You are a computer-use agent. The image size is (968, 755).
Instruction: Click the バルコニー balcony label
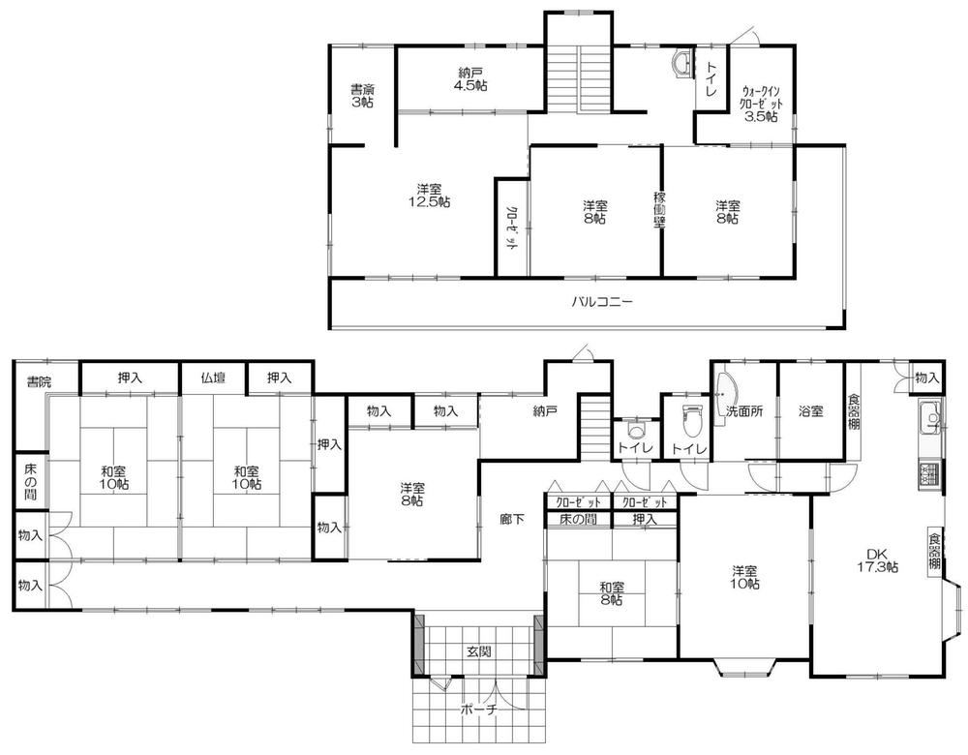602,302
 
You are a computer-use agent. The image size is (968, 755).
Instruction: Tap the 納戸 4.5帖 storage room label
470,79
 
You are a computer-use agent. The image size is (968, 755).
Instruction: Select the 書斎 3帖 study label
362,96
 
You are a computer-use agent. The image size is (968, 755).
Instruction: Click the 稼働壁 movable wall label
659,210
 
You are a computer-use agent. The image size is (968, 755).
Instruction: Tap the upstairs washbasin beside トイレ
681,64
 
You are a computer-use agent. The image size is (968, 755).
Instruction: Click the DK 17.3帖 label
877,559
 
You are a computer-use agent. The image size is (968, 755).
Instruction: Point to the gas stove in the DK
929,476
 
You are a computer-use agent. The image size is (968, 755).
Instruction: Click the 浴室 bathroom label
810,410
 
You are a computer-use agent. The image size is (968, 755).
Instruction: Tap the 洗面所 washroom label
744,410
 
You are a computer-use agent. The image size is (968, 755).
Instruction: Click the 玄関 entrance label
478,650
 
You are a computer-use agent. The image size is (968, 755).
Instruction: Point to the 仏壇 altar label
213,377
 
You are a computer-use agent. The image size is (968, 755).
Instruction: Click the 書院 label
39,381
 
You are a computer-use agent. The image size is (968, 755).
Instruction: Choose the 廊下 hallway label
512,519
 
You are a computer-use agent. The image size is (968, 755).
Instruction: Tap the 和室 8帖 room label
611,592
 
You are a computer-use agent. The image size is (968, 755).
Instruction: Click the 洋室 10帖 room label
745,577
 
